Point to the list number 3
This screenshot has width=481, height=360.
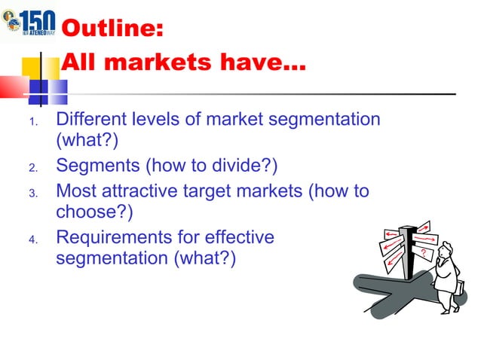(x=32, y=194)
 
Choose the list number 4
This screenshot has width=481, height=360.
(x=32, y=240)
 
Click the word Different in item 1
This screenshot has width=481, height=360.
(x=93, y=119)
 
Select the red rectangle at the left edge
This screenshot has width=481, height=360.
(x=13, y=87)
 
